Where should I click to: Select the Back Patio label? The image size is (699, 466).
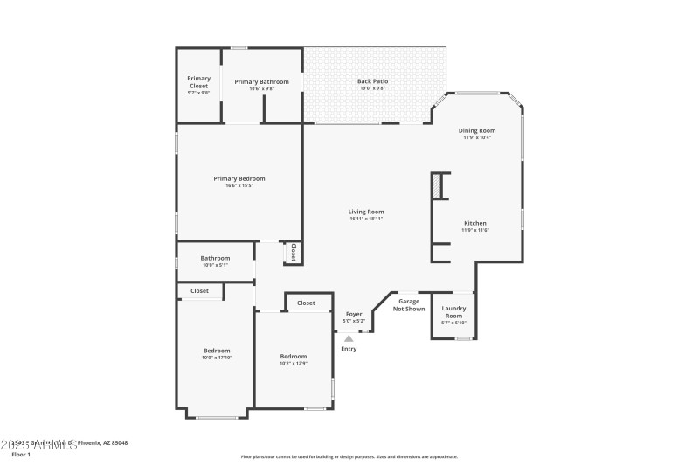tap(373, 81)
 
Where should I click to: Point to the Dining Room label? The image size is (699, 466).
tap(477, 130)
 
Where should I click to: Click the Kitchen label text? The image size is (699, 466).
tap(474, 223)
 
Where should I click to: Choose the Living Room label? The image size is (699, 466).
tap(366, 212)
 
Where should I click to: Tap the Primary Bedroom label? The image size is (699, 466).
tap(239, 178)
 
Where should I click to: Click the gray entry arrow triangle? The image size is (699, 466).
tap(349, 337)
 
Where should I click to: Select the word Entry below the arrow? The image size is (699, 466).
tap(349, 349)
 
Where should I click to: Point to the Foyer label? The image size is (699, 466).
tap(354, 314)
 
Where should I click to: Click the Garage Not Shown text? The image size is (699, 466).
tap(409, 304)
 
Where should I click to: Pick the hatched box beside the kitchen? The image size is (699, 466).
tap(435, 184)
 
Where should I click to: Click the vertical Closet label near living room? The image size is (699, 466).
tap(294, 253)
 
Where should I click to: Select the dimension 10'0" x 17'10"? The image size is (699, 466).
tap(217, 358)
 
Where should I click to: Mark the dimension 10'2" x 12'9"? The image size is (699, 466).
tap(294, 363)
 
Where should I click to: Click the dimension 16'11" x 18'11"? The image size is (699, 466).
tap(366, 218)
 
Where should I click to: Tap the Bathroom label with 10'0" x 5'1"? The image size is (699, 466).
tap(215, 258)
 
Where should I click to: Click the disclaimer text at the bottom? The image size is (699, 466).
tap(349, 456)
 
